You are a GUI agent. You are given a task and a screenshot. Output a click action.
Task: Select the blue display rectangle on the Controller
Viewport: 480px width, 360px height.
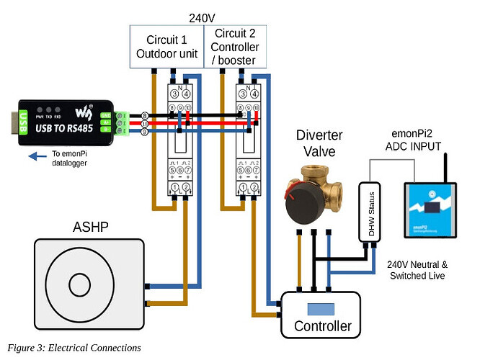click(x=319, y=310)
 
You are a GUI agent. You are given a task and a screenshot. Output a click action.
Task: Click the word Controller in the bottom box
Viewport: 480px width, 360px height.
click(x=323, y=325)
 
